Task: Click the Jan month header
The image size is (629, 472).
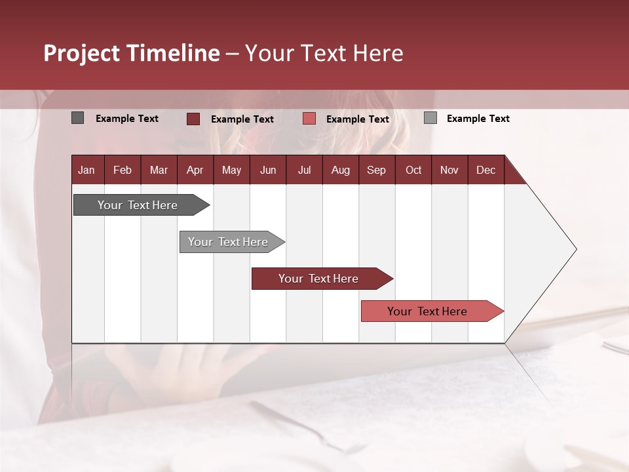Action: click(86, 170)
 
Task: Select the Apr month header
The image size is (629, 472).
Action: click(195, 170)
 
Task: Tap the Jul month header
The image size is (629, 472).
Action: click(304, 170)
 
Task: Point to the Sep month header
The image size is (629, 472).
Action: click(376, 170)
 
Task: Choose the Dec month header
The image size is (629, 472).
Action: click(486, 170)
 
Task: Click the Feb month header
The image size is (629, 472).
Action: click(123, 170)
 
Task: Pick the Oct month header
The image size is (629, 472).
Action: click(413, 170)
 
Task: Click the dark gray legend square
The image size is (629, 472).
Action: click(77, 118)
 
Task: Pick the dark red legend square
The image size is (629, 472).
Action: click(193, 119)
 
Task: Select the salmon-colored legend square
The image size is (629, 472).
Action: click(309, 119)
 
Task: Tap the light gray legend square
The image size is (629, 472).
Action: click(430, 118)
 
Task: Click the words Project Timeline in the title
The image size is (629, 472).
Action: click(132, 53)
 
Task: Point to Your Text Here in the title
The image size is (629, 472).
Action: click(324, 53)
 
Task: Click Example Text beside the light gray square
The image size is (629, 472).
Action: click(478, 119)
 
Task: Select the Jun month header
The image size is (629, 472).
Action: click(268, 170)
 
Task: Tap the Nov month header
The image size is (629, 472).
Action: click(449, 170)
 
